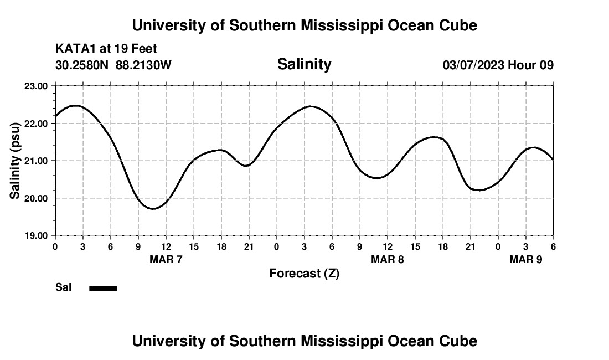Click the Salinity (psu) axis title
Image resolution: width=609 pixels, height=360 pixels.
coord(15,161)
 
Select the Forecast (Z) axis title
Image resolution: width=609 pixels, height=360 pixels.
coord(304,273)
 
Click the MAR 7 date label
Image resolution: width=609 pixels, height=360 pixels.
coord(166,259)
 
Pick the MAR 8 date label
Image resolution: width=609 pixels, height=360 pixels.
coord(388,259)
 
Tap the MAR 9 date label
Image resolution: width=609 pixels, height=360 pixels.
coord(526,259)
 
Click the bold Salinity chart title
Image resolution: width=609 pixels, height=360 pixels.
coord(304,64)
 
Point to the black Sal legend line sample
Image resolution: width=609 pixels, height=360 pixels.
coord(104,288)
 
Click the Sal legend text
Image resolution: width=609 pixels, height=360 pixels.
coord(64,287)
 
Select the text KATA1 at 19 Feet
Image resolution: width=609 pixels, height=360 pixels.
coord(106,49)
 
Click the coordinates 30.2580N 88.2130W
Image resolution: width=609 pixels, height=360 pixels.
coord(113,65)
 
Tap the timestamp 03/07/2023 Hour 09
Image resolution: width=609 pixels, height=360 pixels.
coord(498,65)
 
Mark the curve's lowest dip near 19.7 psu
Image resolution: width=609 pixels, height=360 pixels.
coord(153,208)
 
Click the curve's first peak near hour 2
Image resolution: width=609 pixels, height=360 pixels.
coord(75,105)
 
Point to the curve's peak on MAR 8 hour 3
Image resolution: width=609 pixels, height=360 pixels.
coord(310,106)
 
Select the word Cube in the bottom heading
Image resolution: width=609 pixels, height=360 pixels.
coord(461,341)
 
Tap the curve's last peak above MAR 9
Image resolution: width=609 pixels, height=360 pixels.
coord(533,147)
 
